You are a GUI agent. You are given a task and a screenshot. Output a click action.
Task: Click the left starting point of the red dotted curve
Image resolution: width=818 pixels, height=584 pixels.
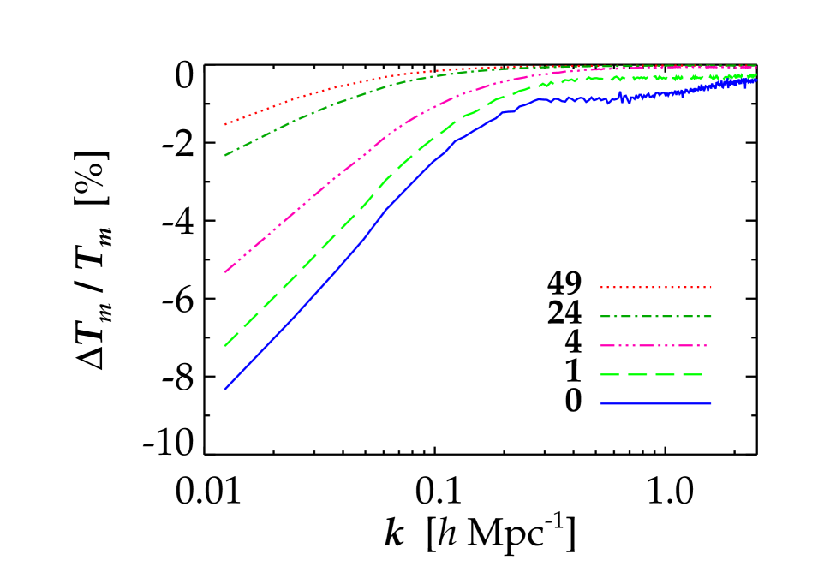(225, 124)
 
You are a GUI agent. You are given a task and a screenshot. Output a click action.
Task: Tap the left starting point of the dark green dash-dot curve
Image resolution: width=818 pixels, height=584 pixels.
(225, 155)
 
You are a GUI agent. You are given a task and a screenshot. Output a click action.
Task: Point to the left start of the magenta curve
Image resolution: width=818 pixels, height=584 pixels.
(225, 271)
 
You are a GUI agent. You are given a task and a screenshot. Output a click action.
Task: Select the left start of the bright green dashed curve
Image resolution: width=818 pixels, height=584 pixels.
(225, 345)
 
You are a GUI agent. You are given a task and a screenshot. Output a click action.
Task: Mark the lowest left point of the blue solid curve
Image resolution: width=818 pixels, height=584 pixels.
(225, 389)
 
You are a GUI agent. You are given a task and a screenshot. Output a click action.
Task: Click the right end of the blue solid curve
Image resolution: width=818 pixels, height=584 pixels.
(756, 80)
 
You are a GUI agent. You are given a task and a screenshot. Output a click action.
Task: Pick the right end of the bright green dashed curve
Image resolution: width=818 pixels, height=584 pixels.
(756, 74)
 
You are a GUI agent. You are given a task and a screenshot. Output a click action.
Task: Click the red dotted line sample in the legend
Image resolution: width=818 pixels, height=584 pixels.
(655, 288)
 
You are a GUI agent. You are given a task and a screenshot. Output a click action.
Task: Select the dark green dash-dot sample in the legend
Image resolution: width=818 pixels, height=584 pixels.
(655, 317)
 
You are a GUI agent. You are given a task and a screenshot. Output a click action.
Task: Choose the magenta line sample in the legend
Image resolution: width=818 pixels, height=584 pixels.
(655, 346)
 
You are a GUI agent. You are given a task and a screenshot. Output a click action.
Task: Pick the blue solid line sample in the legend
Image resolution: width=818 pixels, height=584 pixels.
(655, 403)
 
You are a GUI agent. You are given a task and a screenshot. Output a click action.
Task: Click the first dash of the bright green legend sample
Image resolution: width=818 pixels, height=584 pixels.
(609, 375)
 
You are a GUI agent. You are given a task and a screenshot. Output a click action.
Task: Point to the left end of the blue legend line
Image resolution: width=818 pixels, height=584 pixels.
(600, 403)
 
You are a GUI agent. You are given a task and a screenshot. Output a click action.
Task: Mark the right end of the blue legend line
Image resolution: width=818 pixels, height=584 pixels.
(711, 403)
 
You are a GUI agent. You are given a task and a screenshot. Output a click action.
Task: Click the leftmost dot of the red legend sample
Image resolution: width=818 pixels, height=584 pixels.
(600, 288)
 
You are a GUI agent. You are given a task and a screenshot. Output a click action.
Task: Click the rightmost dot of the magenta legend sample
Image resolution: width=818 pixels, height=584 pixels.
(706, 346)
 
